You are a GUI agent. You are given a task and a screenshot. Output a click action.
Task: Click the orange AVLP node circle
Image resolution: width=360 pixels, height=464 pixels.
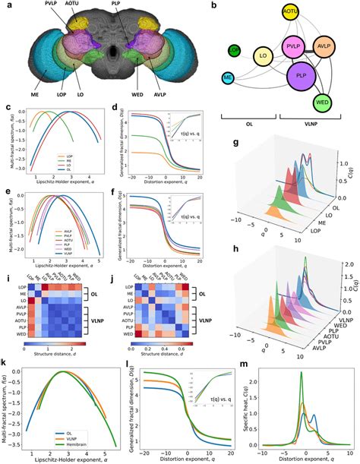pos(327,46)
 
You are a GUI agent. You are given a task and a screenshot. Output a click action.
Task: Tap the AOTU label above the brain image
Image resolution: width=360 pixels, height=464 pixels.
pos(82,4)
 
